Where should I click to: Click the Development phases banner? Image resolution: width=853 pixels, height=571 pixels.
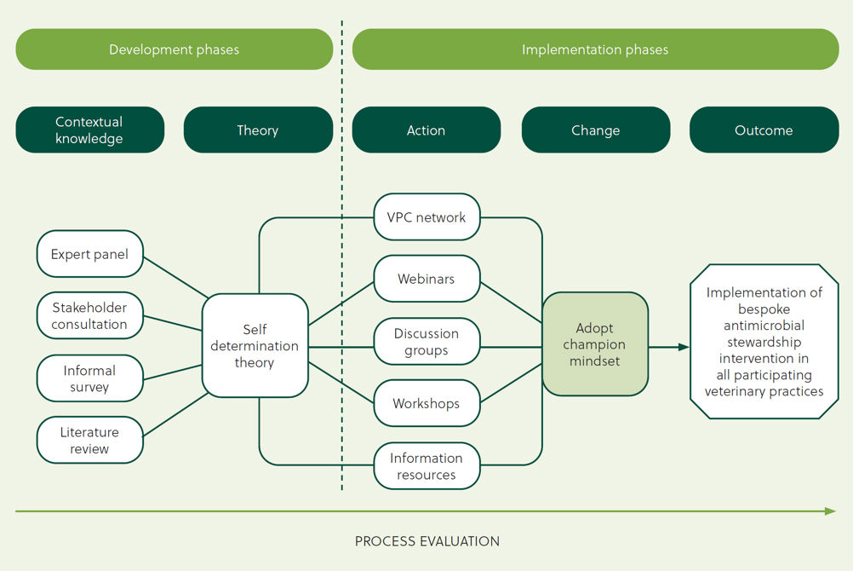tap(174, 49)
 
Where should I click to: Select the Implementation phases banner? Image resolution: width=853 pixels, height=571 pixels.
tap(595, 49)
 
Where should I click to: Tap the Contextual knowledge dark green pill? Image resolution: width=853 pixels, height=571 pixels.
tap(89, 130)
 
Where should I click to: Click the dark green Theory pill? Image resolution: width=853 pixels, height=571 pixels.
tap(258, 130)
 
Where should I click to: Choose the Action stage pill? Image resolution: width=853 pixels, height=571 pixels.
tap(426, 130)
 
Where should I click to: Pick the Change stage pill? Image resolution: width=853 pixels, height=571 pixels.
tap(596, 130)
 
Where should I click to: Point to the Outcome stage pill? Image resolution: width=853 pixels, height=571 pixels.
tap(764, 130)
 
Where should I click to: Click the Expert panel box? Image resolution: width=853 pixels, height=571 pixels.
tap(89, 254)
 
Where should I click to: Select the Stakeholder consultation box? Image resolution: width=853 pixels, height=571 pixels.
tap(89, 315)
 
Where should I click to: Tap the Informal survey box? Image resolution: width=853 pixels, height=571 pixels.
tap(89, 378)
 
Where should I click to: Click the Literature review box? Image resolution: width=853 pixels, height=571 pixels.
tap(89, 440)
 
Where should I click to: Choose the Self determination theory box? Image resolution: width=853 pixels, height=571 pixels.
tap(255, 345)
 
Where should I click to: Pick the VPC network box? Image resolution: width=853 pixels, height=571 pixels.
tap(426, 216)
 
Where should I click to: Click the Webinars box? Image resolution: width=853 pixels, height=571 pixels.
tap(426, 279)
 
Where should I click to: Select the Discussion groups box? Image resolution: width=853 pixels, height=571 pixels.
tap(426, 341)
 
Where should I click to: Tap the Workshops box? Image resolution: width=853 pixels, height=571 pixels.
tap(426, 403)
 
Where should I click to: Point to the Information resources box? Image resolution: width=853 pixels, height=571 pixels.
tap(426, 466)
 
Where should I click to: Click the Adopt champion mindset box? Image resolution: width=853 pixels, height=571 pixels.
tap(595, 343)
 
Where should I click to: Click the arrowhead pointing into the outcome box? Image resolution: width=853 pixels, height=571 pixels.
tap(684, 347)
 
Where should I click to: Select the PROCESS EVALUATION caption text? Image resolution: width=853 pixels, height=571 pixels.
tap(427, 541)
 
